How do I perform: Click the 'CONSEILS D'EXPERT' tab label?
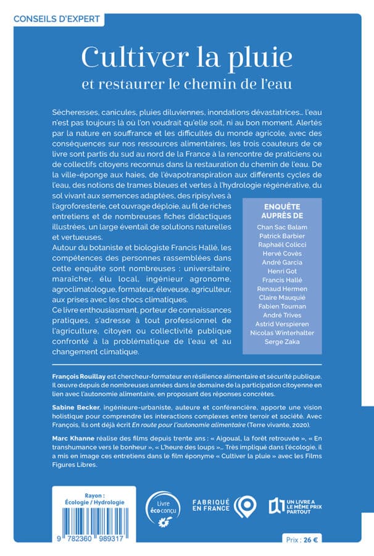(x=56, y=19)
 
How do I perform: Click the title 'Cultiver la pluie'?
(x=186, y=57)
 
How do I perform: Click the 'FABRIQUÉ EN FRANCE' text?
(x=211, y=506)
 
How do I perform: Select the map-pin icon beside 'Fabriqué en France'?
(x=247, y=506)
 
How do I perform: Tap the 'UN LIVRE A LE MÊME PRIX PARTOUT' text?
(x=309, y=507)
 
